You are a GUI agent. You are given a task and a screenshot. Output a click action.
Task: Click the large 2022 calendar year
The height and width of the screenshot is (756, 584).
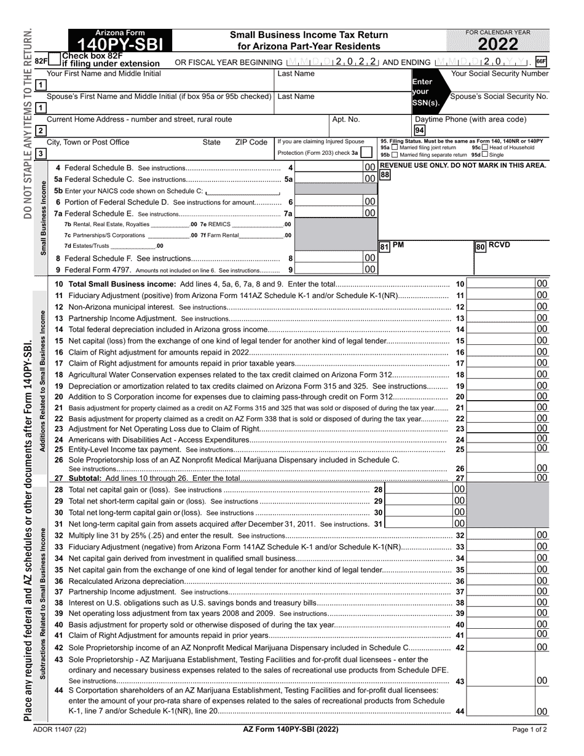pyautogui.click(x=497, y=44)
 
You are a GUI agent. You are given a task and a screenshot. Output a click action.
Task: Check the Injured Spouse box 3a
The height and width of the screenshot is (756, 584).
pyautogui.click(x=366, y=152)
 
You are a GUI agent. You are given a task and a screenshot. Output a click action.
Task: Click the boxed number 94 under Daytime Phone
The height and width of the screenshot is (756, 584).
pyautogui.click(x=419, y=130)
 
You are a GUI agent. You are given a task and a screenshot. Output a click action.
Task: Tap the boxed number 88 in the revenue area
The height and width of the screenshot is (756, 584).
pyautogui.click(x=385, y=175)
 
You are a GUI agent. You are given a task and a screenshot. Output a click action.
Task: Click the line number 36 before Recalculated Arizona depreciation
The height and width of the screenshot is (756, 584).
pyautogui.click(x=59, y=581)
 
